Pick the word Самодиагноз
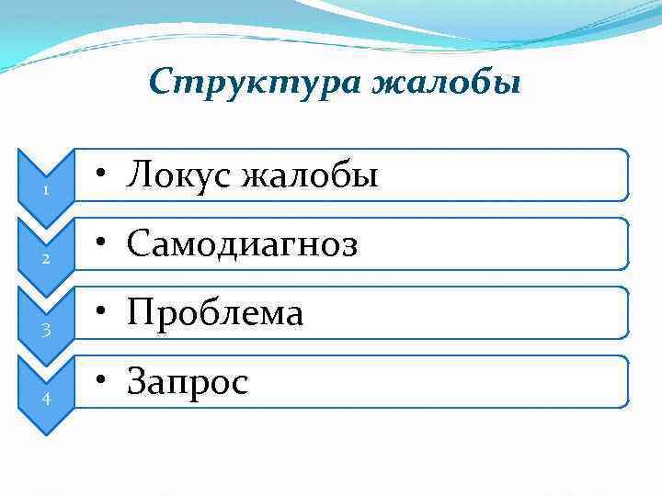coord(243,243)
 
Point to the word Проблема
coord(215,313)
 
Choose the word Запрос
coord(188,382)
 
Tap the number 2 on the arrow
coord(44,260)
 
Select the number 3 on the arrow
coord(44,329)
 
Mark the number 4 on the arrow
coord(44,398)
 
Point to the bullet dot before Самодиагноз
coord(108,244)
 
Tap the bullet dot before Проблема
coord(108,313)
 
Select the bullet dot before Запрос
coord(108,382)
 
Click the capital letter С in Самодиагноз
coord(138,243)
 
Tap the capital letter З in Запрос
coord(137,381)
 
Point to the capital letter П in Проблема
coord(140,313)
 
